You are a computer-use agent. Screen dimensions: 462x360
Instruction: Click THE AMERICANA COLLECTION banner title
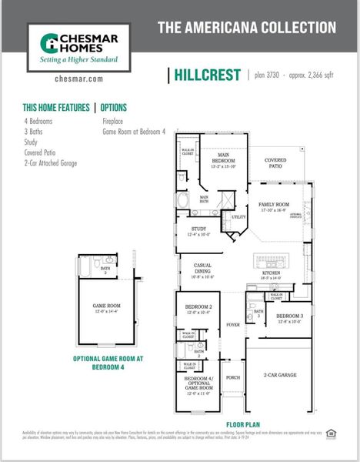click(246, 28)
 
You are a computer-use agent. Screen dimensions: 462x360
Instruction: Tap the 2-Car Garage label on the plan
click(280, 375)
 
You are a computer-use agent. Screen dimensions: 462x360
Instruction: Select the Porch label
click(233, 377)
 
